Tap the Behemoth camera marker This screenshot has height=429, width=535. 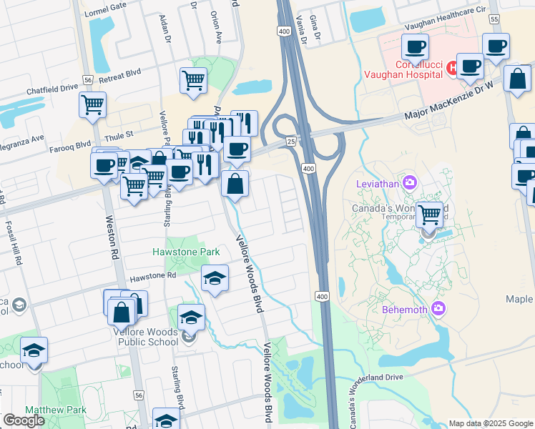click(x=438, y=309)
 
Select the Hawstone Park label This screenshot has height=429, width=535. click(x=186, y=252)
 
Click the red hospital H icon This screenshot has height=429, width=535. click(x=451, y=68)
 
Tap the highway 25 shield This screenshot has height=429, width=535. click(x=292, y=142)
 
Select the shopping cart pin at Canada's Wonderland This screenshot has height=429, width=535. click(x=429, y=214)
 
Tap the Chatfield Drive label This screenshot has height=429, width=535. click(x=51, y=89)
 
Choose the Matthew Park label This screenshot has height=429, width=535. click(x=55, y=410)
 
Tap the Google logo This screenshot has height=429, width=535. click(x=24, y=420)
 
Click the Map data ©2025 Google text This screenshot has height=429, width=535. click(x=490, y=423)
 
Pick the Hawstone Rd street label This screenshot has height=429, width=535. click(x=152, y=275)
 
